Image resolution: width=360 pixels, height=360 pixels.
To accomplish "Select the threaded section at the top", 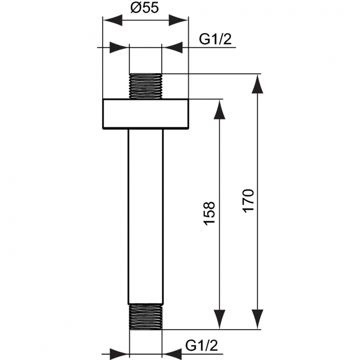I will click(x=146, y=86).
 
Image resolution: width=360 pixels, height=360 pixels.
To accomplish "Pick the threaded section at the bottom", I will click(x=146, y=317).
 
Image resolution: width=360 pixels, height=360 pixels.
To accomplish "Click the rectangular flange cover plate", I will click(x=145, y=114).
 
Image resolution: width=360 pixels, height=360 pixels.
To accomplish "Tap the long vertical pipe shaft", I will click(x=146, y=216).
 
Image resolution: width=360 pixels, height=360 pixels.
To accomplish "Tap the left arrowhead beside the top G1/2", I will click(x=120, y=47).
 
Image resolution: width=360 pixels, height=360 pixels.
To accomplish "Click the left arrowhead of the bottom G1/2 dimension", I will click(x=120, y=353).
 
